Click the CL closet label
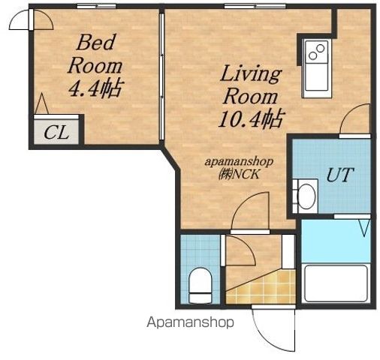pyautogui.click(x=56, y=133)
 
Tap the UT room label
pyautogui.click(x=340, y=175)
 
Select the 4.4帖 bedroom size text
pyautogui.click(x=95, y=88)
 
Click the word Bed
pyautogui.click(x=96, y=43)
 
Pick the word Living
pyautogui.click(x=251, y=73)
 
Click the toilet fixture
pyautogui.click(x=201, y=286)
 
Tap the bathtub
pyautogui.click(x=336, y=283)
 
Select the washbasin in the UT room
pyautogui.click(x=306, y=196)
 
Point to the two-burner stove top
pyautogui.click(x=316, y=52)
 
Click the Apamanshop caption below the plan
pyautogui.click(x=190, y=322)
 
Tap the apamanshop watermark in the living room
pyautogui.click(x=239, y=162)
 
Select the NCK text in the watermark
pyautogui.click(x=246, y=175)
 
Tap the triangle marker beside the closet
pyautogui.click(x=41, y=104)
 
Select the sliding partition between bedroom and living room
pyautogui.click(x=162, y=76)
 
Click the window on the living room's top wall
pyautogui.click(x=255, y=6)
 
